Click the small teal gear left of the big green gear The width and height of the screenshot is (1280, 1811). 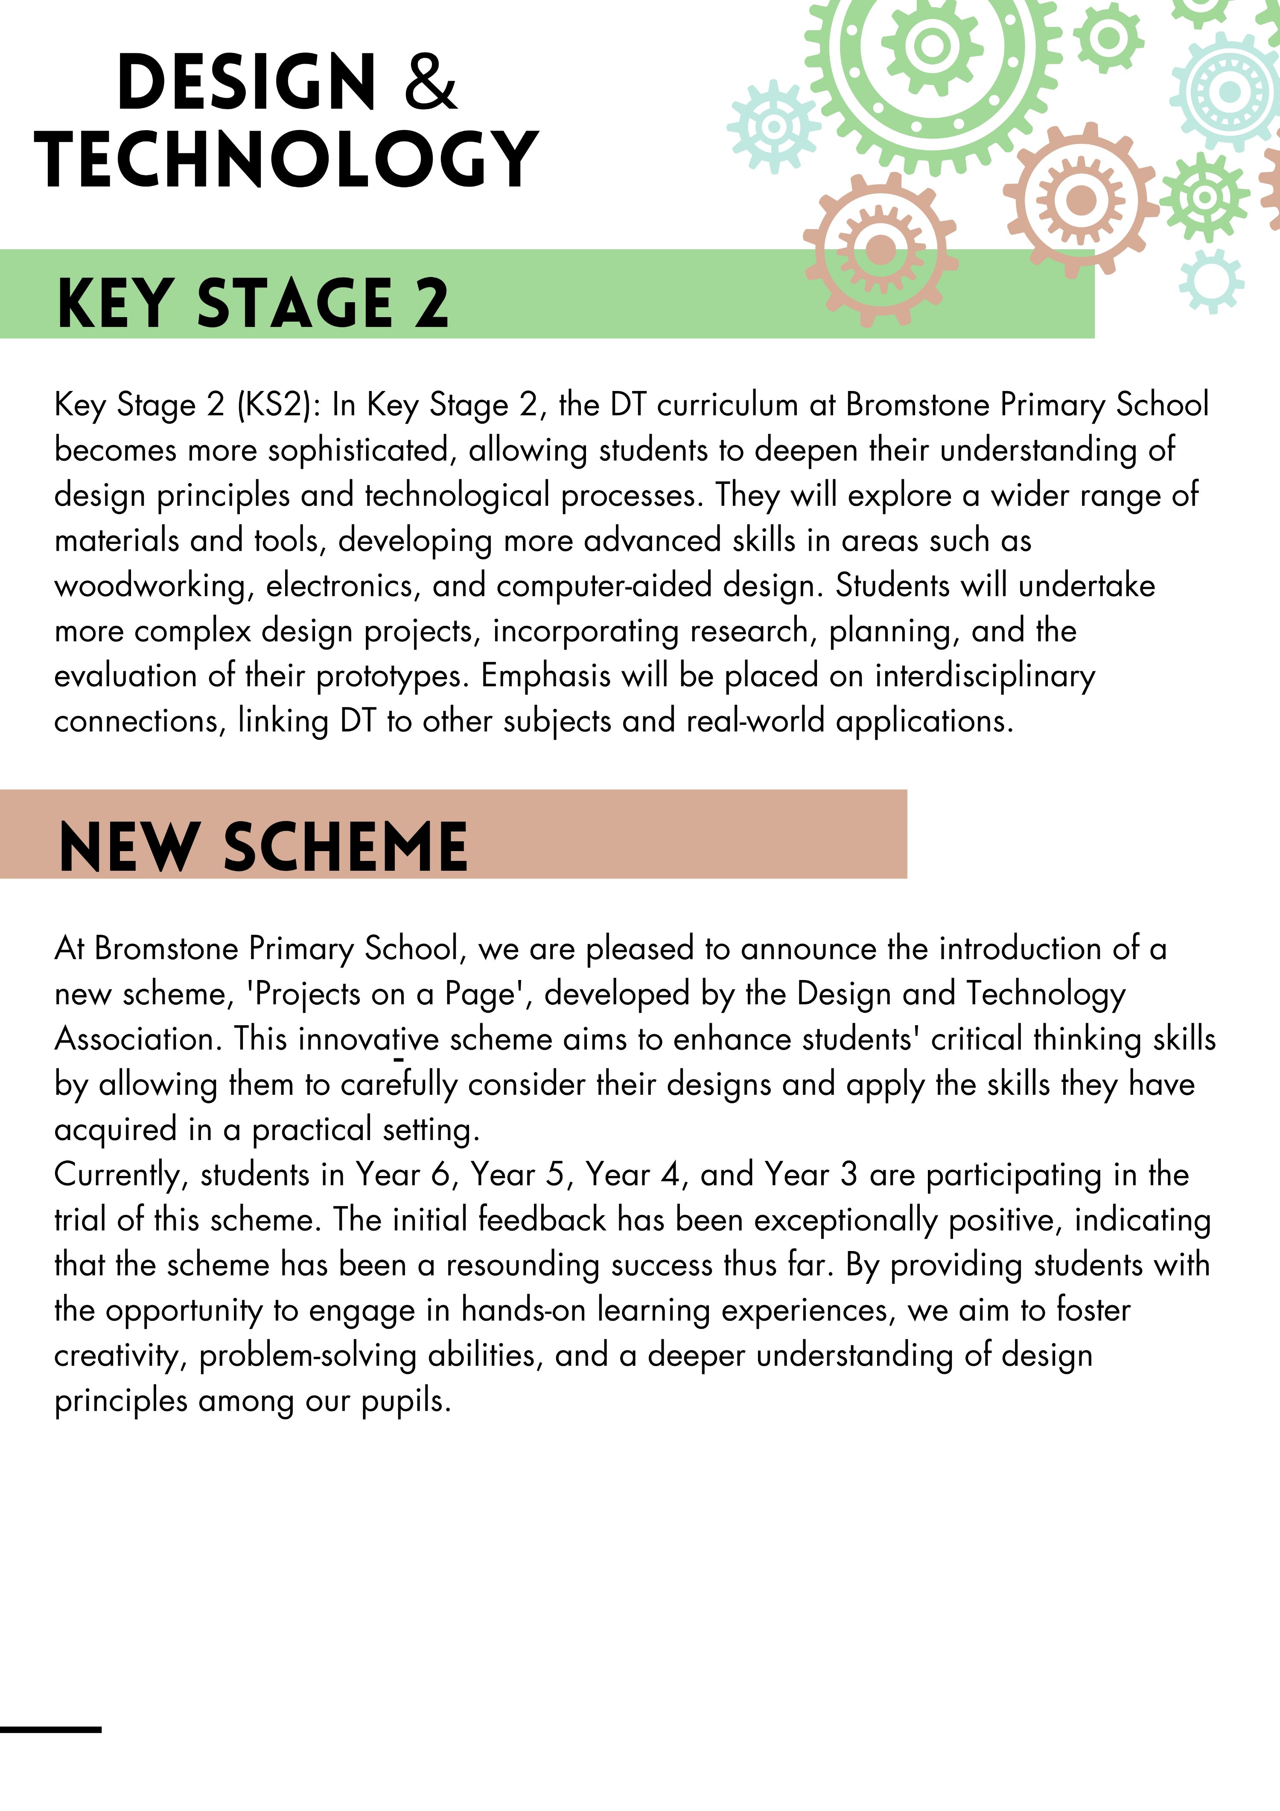point(773,126)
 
